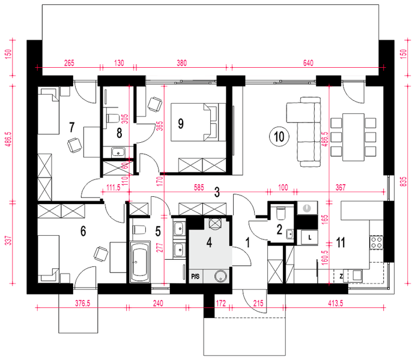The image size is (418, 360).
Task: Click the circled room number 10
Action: (x=279, y=137)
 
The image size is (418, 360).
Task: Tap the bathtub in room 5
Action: (x=140, y=262)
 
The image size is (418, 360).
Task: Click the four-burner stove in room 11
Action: (x=376, y=242)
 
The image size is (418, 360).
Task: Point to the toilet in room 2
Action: (x=280, y=213)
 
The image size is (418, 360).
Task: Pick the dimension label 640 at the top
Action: (x=308, y=63)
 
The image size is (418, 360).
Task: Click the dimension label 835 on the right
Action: (x=404, y=182)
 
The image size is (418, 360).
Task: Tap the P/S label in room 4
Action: (x=195, y=277)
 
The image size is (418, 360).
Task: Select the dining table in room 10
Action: (x=353, y=137)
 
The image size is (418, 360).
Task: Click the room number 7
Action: (x=71, y=127)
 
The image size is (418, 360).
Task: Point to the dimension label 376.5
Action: (x=82, y=303)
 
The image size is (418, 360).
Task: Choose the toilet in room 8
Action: (x=112, y=118)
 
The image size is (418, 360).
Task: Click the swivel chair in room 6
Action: (x=101, y=254)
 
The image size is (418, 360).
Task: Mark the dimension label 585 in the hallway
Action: (x=199, y=187)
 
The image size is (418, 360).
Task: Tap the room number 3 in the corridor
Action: (x=217, y=192)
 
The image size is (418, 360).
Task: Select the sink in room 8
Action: (x=118, y=152)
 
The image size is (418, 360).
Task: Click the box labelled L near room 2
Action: (x=309, y=237)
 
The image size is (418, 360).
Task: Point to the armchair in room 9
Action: (x=155, y=104)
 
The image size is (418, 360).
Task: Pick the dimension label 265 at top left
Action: (x=69, y=63)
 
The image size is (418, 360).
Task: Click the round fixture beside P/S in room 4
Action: (x=221, y=276)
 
